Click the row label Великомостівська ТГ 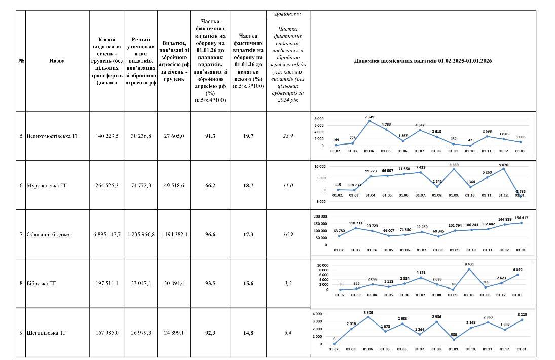[x=53, y=136]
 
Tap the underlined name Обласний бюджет [x=49, y=235]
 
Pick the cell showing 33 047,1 [x=140, y=284]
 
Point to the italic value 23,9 [x=287, y=136]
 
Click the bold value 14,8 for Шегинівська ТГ [x=248, y=333]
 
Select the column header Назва [x=57, y=61]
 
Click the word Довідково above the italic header [x=287, y=14]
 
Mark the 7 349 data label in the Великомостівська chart [x=369, y=117]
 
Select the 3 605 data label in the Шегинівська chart [x=369, y=313]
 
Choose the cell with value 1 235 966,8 [x=140, y=235]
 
